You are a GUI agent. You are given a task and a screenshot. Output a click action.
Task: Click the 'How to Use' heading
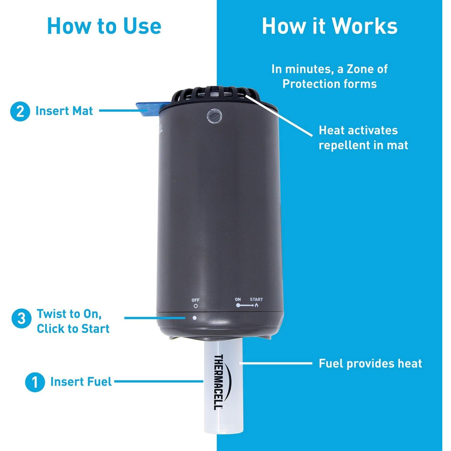point(104,26)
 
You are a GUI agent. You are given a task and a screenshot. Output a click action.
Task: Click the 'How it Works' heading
point(330,26)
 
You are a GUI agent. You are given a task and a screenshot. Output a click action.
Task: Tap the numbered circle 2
point(20,111)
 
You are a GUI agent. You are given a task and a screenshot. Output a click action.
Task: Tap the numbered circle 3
point(21,318)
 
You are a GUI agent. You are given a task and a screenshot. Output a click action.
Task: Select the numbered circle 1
point(35,382)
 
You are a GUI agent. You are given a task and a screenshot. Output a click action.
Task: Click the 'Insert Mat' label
point(64,111)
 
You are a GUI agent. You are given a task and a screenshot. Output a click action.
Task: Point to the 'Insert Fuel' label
point(81,382)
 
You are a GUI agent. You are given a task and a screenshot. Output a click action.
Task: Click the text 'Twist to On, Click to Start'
point(73,321)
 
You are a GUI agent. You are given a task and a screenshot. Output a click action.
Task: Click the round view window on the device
point(214,116)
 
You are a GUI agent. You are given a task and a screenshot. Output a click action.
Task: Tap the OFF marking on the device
point(195,300)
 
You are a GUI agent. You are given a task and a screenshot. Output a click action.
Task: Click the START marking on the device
point(256,299)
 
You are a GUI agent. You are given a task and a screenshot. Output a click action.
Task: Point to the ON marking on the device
point(238,299)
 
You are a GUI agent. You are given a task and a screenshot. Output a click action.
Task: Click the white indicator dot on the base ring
point(195,318)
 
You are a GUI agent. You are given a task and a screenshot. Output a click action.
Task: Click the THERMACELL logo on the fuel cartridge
point(219,382)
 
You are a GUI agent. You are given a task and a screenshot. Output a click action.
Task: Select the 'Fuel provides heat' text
point(370,364)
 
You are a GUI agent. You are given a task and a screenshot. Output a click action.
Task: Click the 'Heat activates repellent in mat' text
point(363,138)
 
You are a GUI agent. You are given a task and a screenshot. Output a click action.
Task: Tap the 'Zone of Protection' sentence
point(330,76)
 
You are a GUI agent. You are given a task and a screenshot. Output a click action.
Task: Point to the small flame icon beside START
point(256,305)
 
